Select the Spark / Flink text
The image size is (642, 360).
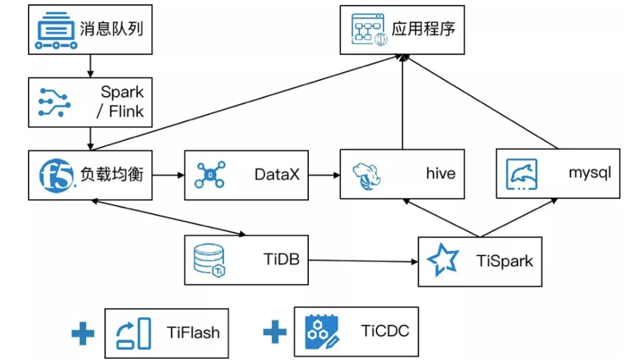point(122,101)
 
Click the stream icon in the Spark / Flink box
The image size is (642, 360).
point(54,102)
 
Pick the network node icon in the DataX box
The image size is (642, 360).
point(210,174)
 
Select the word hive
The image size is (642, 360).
point(441,174)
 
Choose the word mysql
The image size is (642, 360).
point(589,173)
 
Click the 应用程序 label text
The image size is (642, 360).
point(423,28)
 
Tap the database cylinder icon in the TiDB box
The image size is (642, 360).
point(209,260)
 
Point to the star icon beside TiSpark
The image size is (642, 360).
point(443,260)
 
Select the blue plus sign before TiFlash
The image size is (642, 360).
point(83,332)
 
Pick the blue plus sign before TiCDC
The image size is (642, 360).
point(275,332)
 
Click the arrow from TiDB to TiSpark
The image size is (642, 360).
point(363,261)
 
